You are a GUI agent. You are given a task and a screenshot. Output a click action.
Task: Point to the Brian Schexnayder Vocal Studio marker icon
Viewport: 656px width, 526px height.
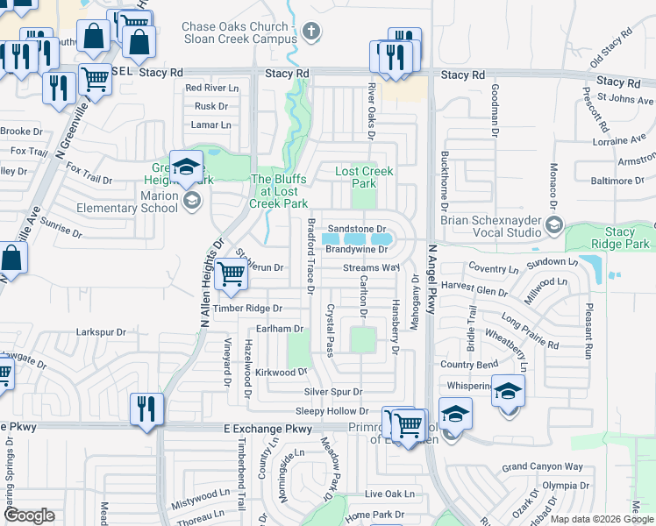(x=553, y=226)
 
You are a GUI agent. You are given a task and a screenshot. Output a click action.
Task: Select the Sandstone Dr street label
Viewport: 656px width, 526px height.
(x=357, y=228)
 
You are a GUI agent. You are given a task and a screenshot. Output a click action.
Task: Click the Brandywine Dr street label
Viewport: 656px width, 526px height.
(x=356, y=250)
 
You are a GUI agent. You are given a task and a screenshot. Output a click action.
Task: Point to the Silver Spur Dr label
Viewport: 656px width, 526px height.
(x=333, y=392)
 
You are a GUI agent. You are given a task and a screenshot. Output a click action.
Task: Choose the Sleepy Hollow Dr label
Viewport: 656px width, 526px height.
(x=332, y=411)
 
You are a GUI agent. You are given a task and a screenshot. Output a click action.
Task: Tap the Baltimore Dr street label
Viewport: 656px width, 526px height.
(x=616, y=181)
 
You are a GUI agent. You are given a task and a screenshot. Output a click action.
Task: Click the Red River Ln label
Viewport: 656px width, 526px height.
(x=211, y=88)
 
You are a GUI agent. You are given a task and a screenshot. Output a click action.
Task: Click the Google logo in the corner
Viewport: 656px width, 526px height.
(x=29, y=515)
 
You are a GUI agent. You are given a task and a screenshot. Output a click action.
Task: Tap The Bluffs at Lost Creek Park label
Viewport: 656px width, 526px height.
(x=279, y=191)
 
